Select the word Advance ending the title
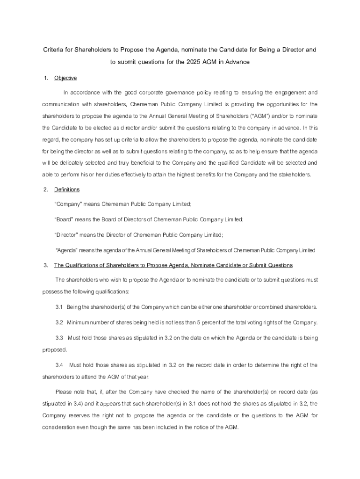point(237,62)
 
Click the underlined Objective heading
point(65,78)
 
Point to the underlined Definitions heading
point(67,189)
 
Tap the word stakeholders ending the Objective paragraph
point(293,174)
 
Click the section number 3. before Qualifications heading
point(46,266)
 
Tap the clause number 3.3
point(59,338)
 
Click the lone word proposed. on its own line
point(55,349)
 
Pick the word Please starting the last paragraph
point(64,392)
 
